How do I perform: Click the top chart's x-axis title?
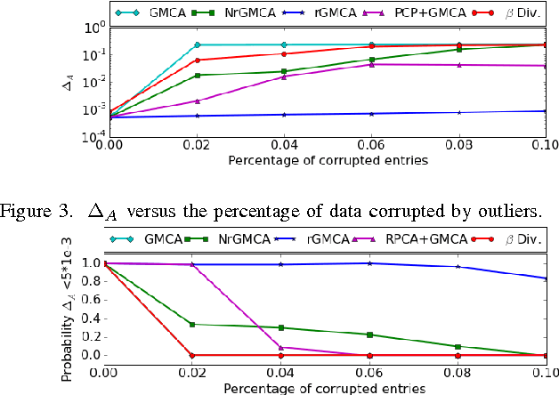pos(327,161)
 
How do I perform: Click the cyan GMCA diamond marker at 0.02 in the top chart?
pos(196,44)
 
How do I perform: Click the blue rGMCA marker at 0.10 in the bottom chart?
pos(544,278)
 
